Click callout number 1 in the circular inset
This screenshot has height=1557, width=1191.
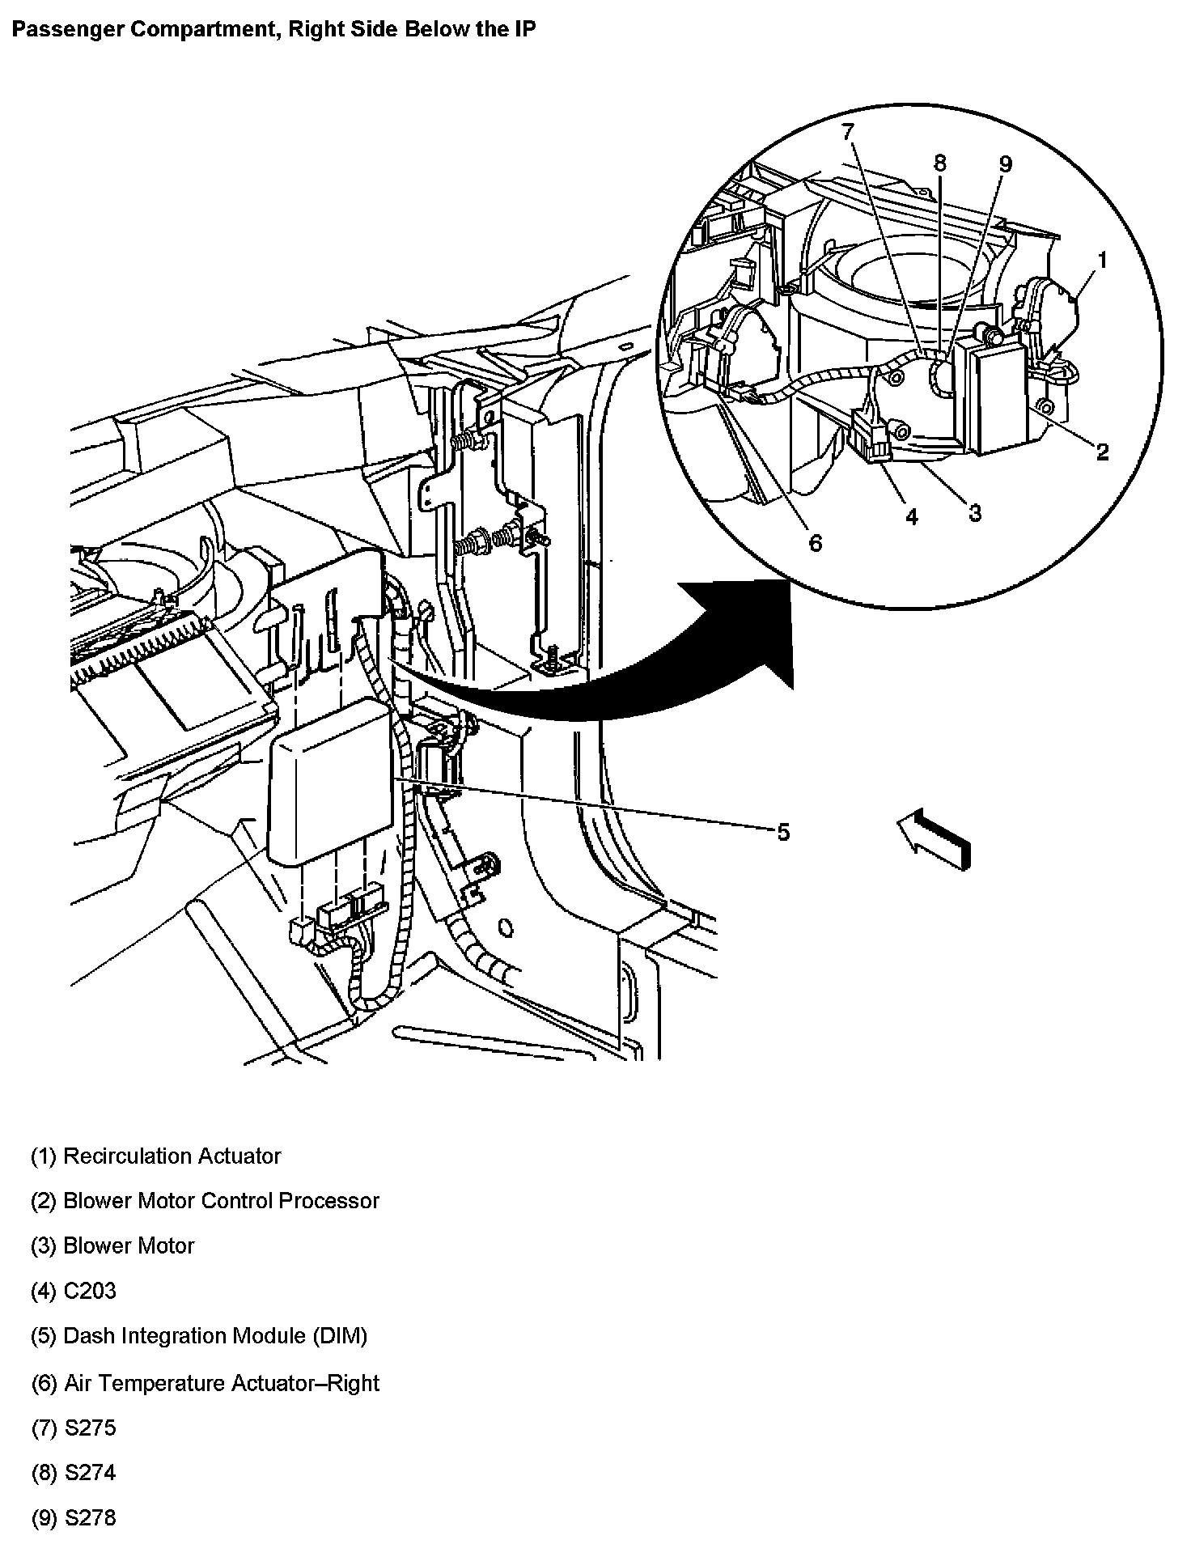click(x=1101, y=260)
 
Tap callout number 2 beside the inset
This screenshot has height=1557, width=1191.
click(x=1102, y=452)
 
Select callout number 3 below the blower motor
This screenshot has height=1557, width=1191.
click(x=975, y=512)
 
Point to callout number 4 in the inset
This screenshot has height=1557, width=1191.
click(x=912, y=517)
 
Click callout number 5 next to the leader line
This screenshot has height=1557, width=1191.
click(x=782, y=832)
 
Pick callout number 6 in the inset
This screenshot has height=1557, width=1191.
click(x=815, y=543)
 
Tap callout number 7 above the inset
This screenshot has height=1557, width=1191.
click(x=847, y=131)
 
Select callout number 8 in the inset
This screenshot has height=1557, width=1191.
click(x=939, y=163)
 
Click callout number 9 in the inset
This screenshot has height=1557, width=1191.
click(x=1005, y=163)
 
